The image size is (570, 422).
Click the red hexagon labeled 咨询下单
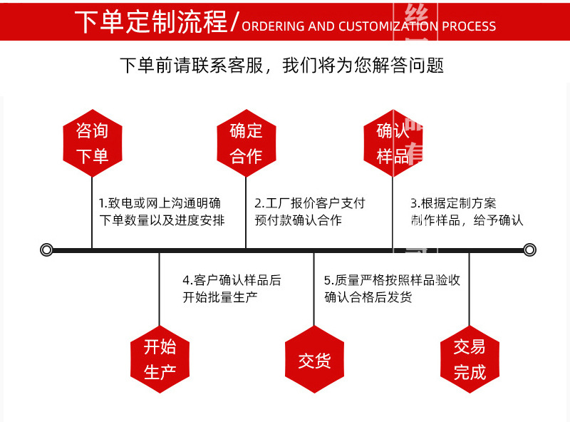(92, 143)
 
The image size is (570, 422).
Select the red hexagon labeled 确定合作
(246, 143)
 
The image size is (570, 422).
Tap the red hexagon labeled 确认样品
(393, 143)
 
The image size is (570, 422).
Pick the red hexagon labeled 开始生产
(160, 359)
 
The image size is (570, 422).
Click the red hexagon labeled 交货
(314, 359)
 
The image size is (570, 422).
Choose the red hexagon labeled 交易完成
(469, 359)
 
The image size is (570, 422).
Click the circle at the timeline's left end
(46, 249)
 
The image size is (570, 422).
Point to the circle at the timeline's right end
(529, 249)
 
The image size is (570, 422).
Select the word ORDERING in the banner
(273, 26)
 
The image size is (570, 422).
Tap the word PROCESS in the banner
(468, 26)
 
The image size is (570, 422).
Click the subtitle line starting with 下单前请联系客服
(281, 66)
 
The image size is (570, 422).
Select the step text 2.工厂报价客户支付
(310, 202)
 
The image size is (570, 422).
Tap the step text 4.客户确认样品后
(232, 280)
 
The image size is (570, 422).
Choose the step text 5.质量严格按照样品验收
(392, 280)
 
